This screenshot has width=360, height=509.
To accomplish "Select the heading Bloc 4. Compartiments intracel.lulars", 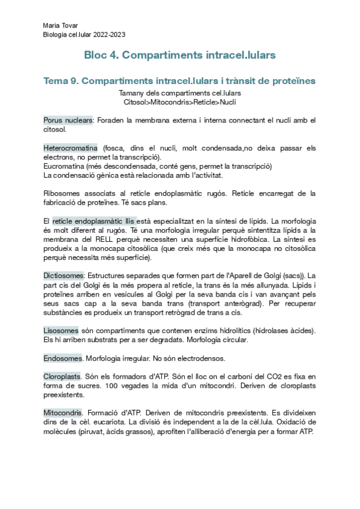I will coord(180,55).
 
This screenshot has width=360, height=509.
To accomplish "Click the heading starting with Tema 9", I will coord(179,80).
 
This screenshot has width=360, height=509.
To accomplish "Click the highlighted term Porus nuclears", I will coord(68,120).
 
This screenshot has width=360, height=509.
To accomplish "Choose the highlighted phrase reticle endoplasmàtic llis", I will coord(94,220).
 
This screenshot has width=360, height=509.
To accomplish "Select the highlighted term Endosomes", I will coord(62,358).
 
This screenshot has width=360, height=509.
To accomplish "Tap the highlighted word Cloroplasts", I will coord(62,376).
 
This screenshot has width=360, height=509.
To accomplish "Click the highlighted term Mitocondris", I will coord(63,413).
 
